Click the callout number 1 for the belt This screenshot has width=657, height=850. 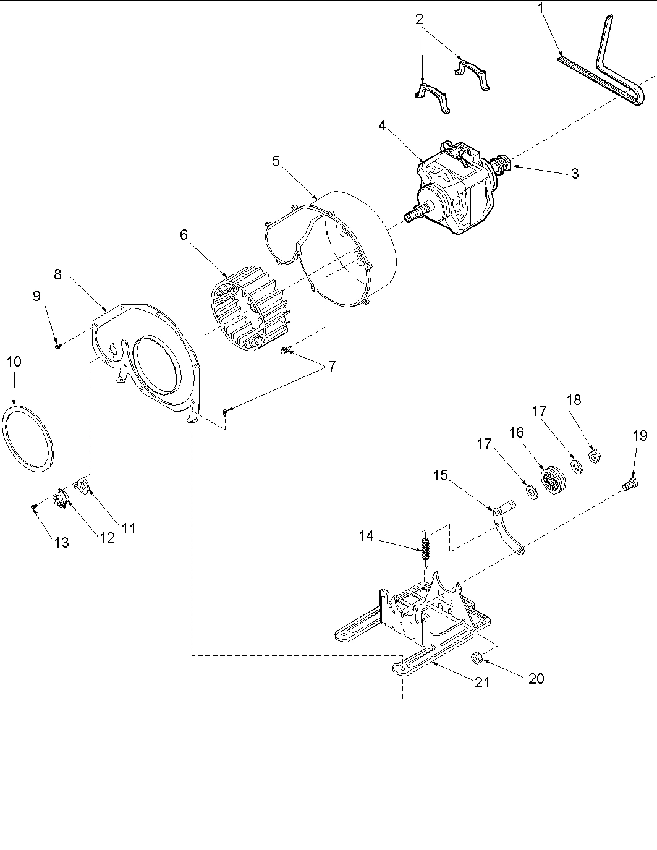(541, 9)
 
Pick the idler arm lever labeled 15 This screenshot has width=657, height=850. (508, 529)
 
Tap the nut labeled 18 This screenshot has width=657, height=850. (596, 457)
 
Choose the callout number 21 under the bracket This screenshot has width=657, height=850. (482, 682)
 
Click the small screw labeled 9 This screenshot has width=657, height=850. (57, 347)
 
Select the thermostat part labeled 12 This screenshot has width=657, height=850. (61, 498)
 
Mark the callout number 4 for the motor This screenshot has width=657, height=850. (383, 125)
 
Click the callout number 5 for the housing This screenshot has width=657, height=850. (276, 161)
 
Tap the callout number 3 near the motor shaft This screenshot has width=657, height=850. (574, 174)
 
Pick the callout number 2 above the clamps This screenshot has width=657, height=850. (420, 19)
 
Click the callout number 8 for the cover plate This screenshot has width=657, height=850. (57, 274)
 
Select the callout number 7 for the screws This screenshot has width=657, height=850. (332, 367)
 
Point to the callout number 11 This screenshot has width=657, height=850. (128, 529)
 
